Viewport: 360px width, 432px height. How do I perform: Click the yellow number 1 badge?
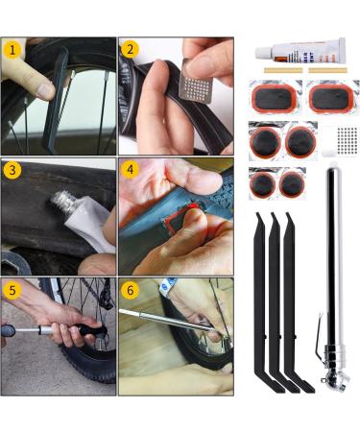tap(12, 48)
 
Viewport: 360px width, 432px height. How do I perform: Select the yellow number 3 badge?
tap(12, 170)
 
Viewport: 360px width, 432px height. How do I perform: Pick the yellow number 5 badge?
tap(12, 289)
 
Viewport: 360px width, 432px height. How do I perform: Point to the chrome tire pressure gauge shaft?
tap(333, 250)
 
